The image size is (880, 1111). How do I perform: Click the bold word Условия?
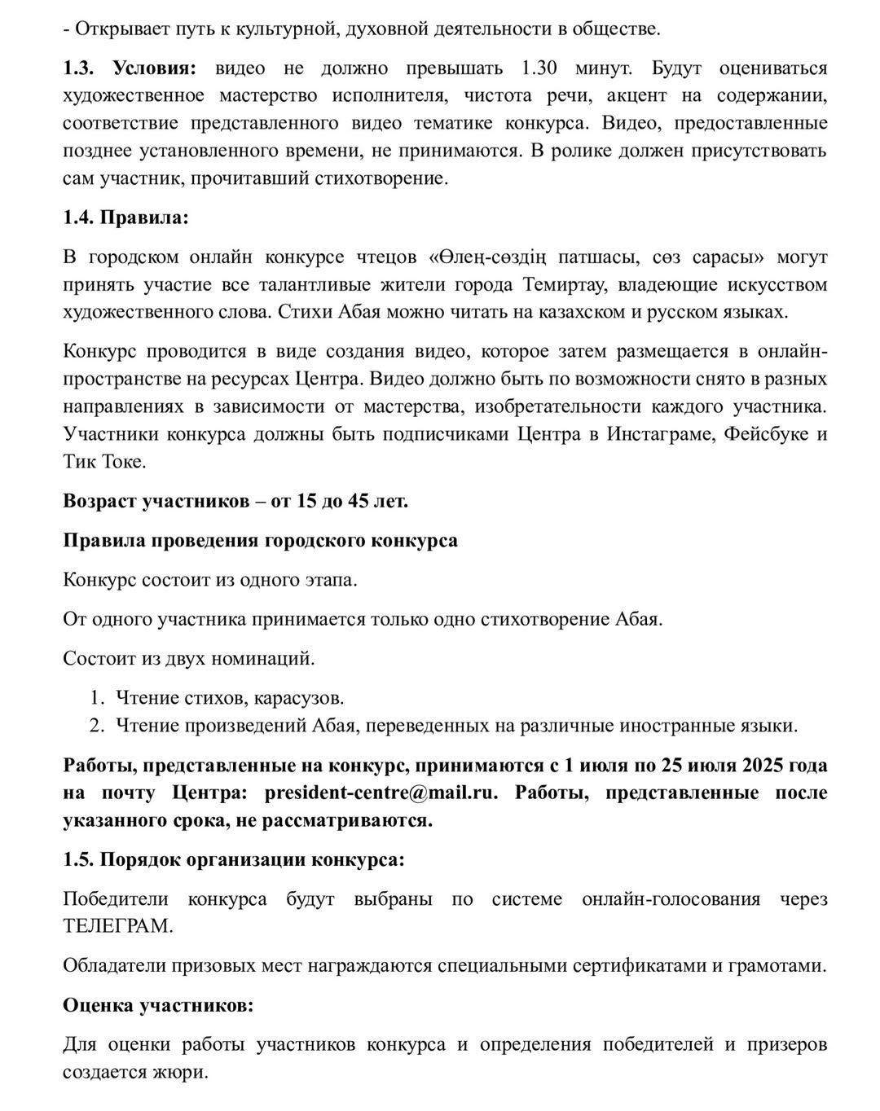160,68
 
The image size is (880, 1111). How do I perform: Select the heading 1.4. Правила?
125,217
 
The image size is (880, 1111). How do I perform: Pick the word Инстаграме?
661,433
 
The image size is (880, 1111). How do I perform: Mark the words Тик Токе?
93,461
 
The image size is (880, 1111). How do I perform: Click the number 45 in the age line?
358,500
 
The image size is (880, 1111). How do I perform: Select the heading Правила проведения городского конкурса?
260,540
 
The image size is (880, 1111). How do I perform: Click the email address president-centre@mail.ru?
381,793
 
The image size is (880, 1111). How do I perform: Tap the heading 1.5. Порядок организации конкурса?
233,859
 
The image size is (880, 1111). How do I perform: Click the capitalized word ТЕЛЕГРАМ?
117,926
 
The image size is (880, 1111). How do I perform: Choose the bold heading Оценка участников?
158,1005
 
